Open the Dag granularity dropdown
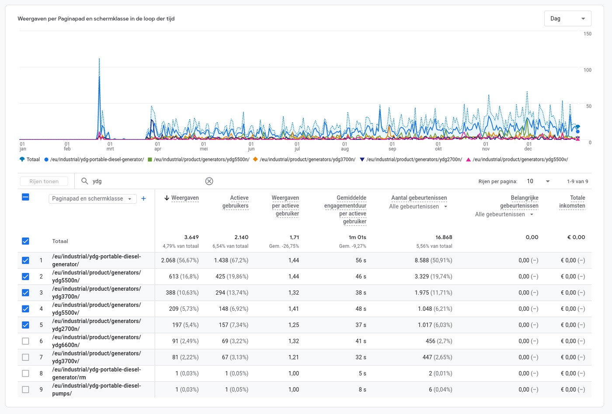tap(567, 19)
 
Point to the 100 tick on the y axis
tap(587, 70)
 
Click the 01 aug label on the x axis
tap(344, 146)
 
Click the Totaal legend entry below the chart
tap(30, 160)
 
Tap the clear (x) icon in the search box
tap(209, 181)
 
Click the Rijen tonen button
tap(44, 181)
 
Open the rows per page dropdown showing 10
tap(538, 181)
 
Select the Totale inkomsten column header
tap(572, 202)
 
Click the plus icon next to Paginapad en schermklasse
tap(143, 198)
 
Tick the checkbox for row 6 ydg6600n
tap(25, 341)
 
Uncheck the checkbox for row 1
tap(25, 261)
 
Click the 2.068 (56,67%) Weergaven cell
tap(180, 261)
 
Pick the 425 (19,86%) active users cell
tap(231, 277)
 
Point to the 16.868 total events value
tap(444, 237)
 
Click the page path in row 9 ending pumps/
tap(96, 390)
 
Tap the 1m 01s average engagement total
tap(357, 237)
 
